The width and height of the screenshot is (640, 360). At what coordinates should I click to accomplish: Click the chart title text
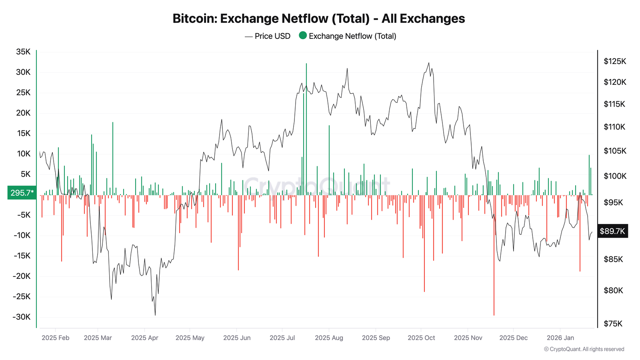coord(318,18)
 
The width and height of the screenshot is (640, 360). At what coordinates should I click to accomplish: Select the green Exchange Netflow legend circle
coord(303,36)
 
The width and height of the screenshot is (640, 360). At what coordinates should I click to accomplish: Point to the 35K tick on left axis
coord(23,52)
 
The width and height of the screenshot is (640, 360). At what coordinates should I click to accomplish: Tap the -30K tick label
coord(21,317)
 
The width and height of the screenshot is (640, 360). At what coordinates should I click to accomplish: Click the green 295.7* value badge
coord(22,193)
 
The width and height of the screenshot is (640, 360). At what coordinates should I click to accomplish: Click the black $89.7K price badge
coord(612,231)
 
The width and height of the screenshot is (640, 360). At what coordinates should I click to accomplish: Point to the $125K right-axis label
coord(615,61)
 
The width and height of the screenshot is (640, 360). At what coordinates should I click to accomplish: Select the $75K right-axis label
coord(613,324)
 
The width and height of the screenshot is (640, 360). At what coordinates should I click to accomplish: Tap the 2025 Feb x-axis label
coord(55,338)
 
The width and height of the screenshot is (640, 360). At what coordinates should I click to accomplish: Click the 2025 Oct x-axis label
coord(421,338)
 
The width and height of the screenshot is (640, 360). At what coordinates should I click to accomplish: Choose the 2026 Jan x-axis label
coord(560,338)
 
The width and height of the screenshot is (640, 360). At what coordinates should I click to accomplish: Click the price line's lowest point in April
coord(155,315)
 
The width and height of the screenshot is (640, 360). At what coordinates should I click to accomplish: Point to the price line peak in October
coord(429,63)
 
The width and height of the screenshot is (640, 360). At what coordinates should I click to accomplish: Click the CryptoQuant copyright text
coord(584,349)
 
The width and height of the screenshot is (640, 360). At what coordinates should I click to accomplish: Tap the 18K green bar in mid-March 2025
coord(113,160)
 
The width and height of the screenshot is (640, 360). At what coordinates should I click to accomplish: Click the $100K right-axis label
coord(615,176)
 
